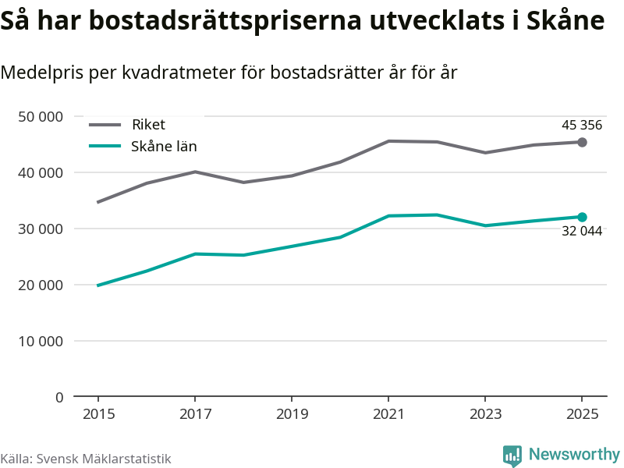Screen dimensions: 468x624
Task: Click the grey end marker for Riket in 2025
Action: point(582,142)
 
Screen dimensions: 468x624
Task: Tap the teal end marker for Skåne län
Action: point(582,217)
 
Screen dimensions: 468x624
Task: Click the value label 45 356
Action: point(582,125)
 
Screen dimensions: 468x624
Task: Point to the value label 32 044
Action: point(582,231)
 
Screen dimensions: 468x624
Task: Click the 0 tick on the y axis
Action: point(59,398)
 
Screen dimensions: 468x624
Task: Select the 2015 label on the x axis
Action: point(97,414)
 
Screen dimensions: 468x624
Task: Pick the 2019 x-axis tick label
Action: point(291,414)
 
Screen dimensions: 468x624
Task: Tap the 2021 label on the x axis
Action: point(388,414)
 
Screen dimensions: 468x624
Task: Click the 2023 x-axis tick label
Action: point(485,414)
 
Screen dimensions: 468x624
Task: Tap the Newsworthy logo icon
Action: point(512,456)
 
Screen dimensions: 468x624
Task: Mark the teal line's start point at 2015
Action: point(97,285)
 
